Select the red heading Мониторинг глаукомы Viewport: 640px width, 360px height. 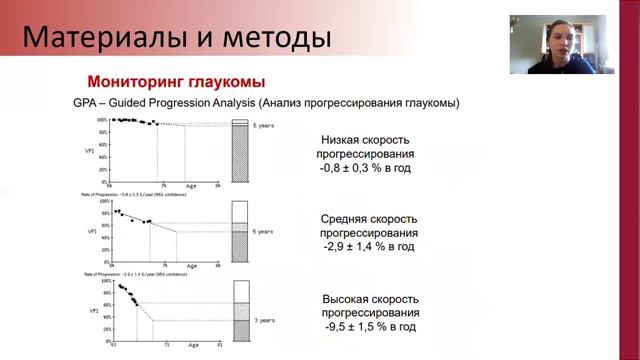pos(176,82)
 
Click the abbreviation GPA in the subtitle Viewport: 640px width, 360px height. pos(86,103)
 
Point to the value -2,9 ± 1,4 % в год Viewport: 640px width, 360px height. pos(368,246)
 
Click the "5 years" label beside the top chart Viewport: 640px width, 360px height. pos(262,125)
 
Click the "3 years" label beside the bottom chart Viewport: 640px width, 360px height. pos(262,320)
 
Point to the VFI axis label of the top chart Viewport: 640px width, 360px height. pos(91,151)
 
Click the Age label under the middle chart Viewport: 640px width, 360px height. pos(192,266)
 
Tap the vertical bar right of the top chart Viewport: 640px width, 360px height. pos(239,150)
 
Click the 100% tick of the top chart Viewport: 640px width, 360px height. pos(101,120)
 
